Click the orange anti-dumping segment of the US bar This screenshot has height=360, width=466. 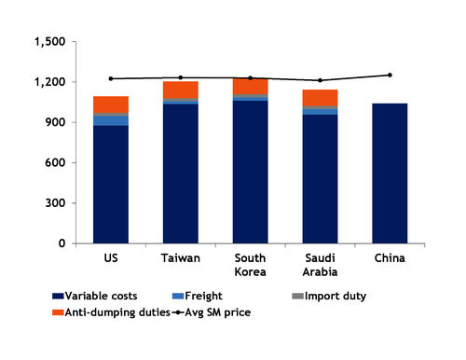[x=110, y=104]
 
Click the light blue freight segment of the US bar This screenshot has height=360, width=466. [x=110, y=119]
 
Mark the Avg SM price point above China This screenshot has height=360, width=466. [x=390, y=75]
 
